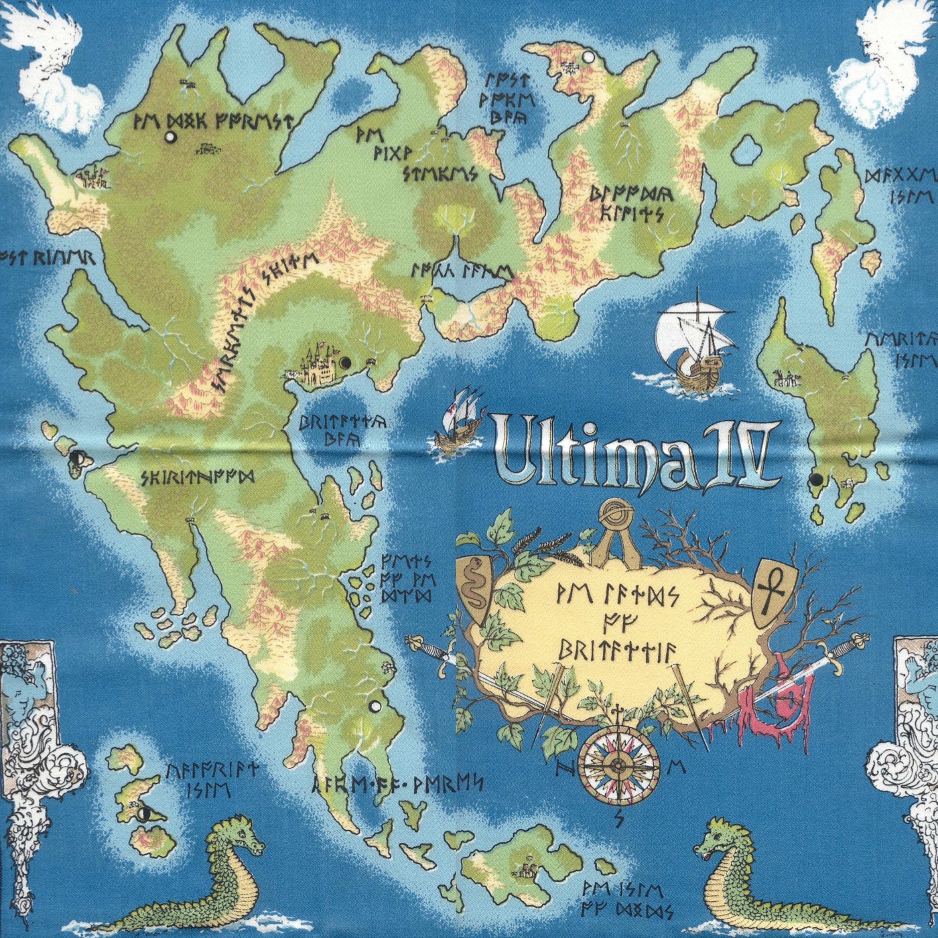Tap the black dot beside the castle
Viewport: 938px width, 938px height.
tap(346, 363)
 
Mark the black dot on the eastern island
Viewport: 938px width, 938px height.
tap(816, 480)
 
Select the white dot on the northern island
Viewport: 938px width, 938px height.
tap(588, 58)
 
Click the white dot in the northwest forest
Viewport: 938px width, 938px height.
tap(170, 137)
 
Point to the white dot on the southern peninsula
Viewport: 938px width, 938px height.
tap(375, 706)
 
